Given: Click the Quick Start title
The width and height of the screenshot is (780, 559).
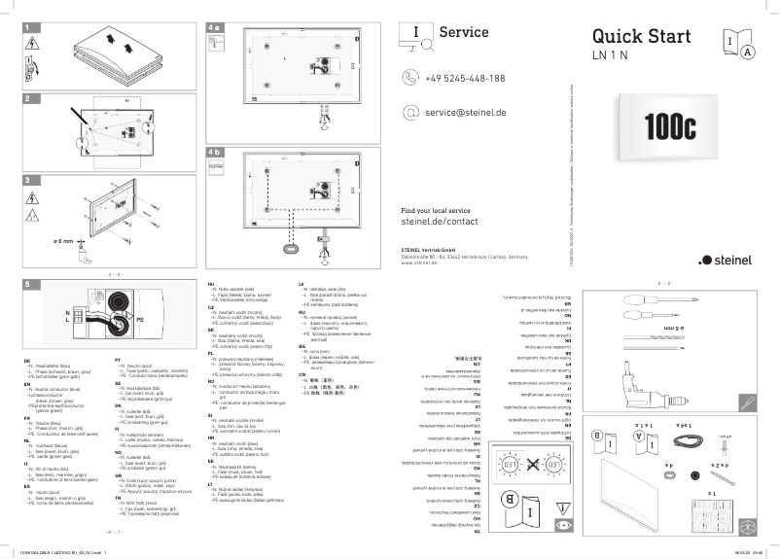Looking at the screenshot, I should (x=641, y=36).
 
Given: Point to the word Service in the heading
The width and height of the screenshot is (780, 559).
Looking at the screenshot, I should (x=463, y=32).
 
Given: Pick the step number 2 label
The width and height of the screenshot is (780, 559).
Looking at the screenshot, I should (x=28, y=100).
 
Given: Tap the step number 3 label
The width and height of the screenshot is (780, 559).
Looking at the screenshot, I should (x=28, y=181).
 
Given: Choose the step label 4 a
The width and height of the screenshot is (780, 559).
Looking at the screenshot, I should (x=215, y=30).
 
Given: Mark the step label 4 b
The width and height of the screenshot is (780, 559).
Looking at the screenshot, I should (x=215, y=153).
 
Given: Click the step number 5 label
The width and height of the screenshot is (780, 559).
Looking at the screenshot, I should (x=28, y=285).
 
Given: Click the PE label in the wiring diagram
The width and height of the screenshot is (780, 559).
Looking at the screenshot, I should (x=140, y=318).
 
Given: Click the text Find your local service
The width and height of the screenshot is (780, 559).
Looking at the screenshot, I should (x=435, y=210).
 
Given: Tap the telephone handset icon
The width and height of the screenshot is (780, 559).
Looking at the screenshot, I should (x=409, y=79).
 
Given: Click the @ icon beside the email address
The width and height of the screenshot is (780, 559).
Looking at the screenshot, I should (x=409, y=113).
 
